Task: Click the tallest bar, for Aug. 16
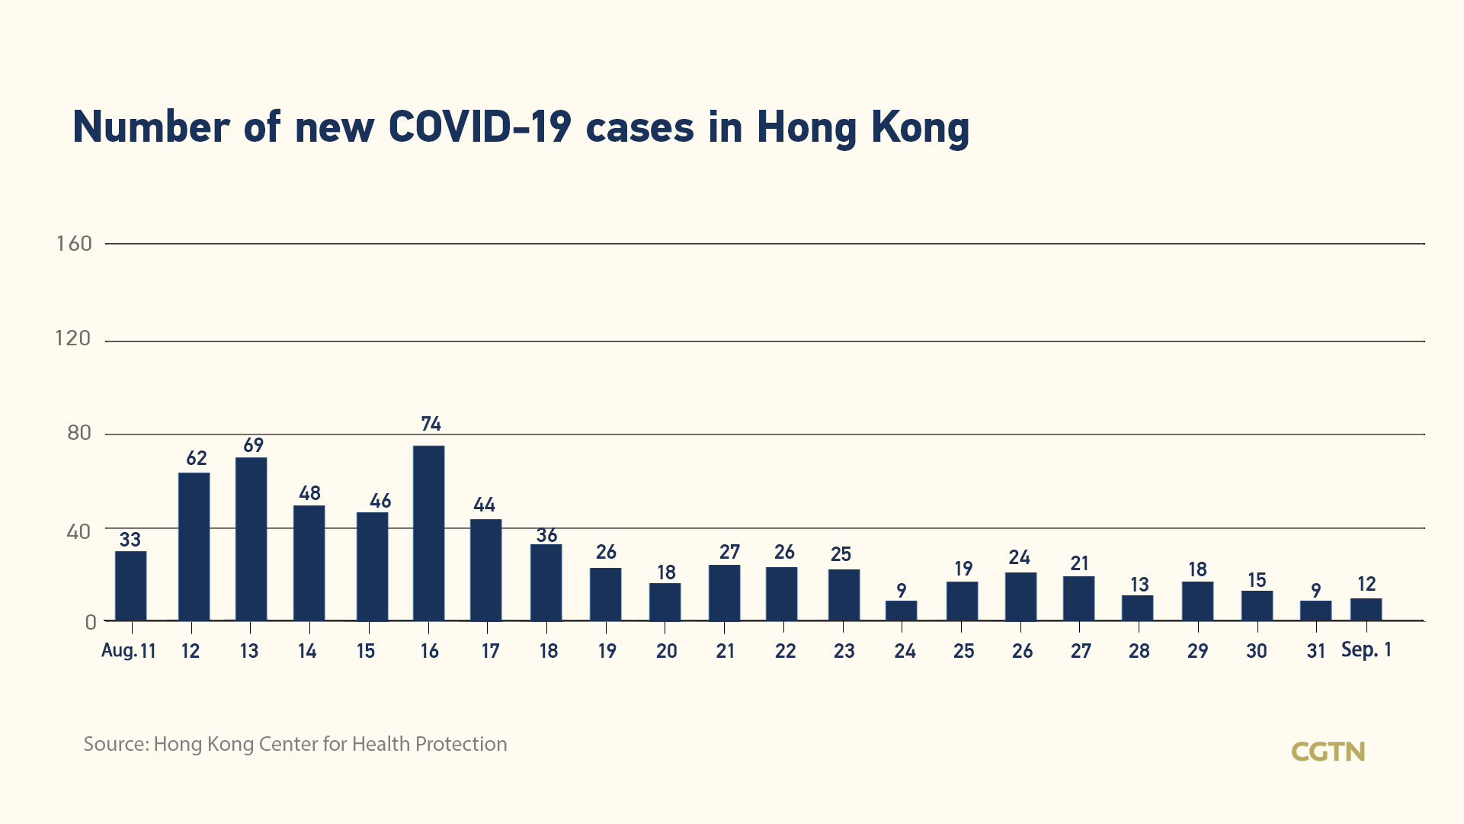[x=429, y=533]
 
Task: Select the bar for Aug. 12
[x=194, y=547]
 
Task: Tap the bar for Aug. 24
[x=902, y=611]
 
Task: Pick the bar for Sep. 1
[x=1366, y=609]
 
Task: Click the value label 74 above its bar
[x=431, y=424]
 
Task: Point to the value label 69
[x=253, y=445]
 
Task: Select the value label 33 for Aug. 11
[x=130, y=540]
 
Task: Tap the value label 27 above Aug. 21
[x=729, y=552]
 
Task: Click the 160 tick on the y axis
[x=74, y=244]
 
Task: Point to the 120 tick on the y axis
[x=73, y=338]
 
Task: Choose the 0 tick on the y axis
[x=91, y=623]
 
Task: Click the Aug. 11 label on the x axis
[x=128, y=651]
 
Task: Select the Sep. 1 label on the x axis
[x=1366, y=650]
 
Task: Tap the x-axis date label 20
[x=666, y=651]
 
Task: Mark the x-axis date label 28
[x=1139, y=651]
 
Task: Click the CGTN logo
[x=1328, y=752]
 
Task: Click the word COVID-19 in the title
[x=479, y=127]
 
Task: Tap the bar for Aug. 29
[x=1197, y=601]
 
